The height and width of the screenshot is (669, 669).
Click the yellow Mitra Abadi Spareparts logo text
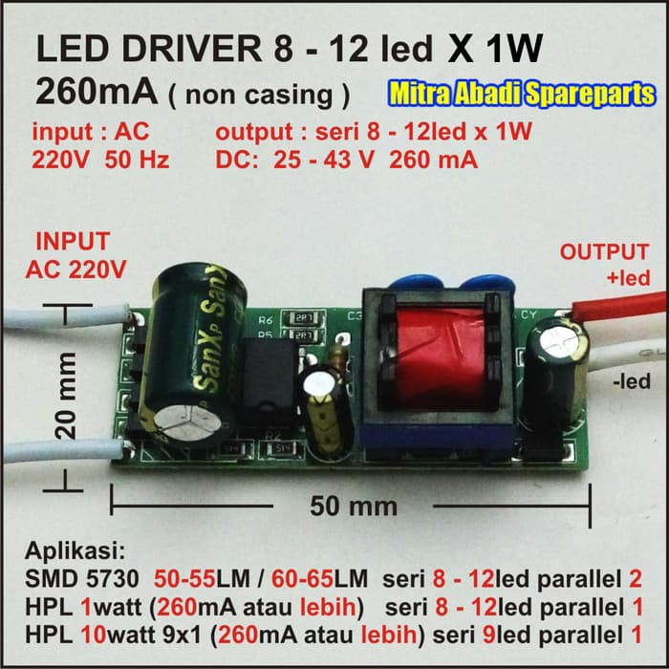(x=522, y=94)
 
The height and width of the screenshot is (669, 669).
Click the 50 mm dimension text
(x=353, y=505)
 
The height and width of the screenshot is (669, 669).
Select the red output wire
(x=621, y=306)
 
